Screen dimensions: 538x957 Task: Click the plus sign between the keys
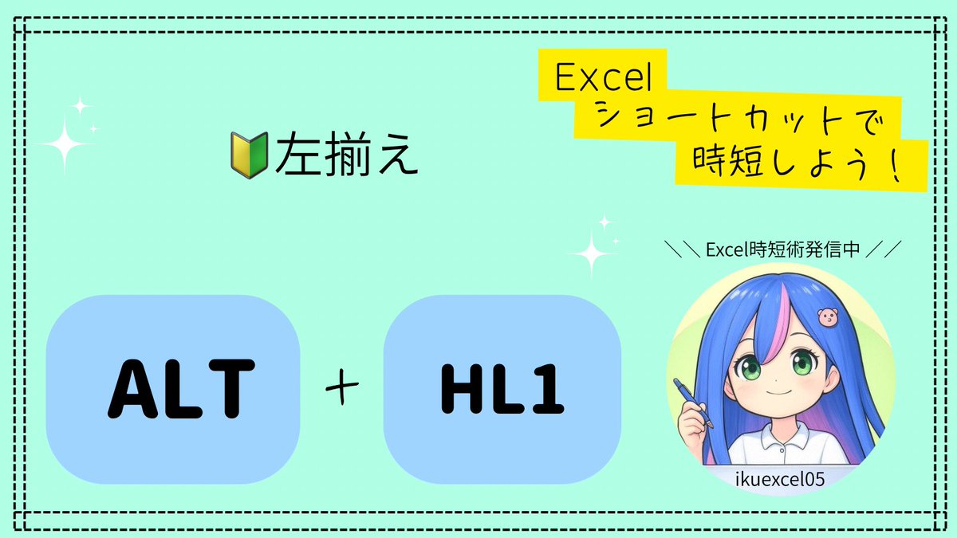[x=341, y=389]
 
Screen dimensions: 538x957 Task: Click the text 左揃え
[x=346, y=155]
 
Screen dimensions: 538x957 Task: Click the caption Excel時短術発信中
[x=783, y=250]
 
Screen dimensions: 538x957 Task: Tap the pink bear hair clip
[x=828, y=316]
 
